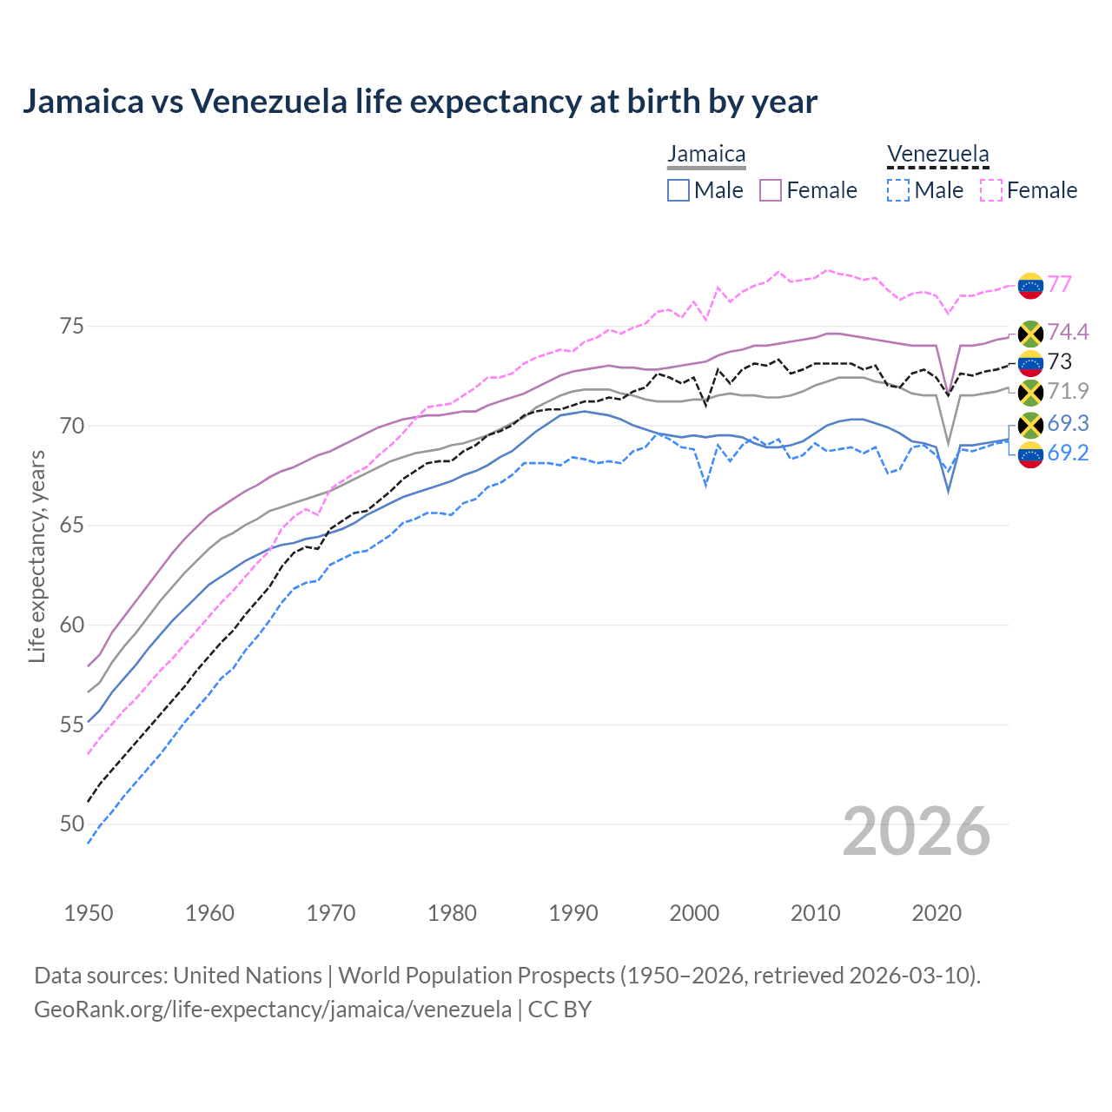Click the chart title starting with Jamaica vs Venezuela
click(x=420, y=102)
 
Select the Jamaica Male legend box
click(x=678, y=190)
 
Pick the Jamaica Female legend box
click(x=771, y=190)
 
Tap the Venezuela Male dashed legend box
click(x=898, y=190)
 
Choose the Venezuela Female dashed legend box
click(x=990, y=190)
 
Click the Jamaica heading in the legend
click(x=706, y=155)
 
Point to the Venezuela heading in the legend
click(x=937, y=155)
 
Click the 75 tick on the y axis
click(x=72, y=327)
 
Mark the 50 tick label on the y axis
click(x=72, y=824)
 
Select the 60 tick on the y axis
click(x=72, y=625)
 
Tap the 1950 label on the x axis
click(x=89, y=913)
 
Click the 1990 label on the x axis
click(x=573, y=913)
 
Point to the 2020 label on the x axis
click(x=937, y=913)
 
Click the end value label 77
click(x=1059, y=285)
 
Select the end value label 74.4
click(x=1068, y=332)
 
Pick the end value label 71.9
click(x=1068, y=391)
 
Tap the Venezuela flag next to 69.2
click(x=1030, y=454)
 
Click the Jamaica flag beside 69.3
click(x=1030, y=425)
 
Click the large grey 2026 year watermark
click(x=917, y=831)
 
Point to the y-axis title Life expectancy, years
click(x=37, y=556)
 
